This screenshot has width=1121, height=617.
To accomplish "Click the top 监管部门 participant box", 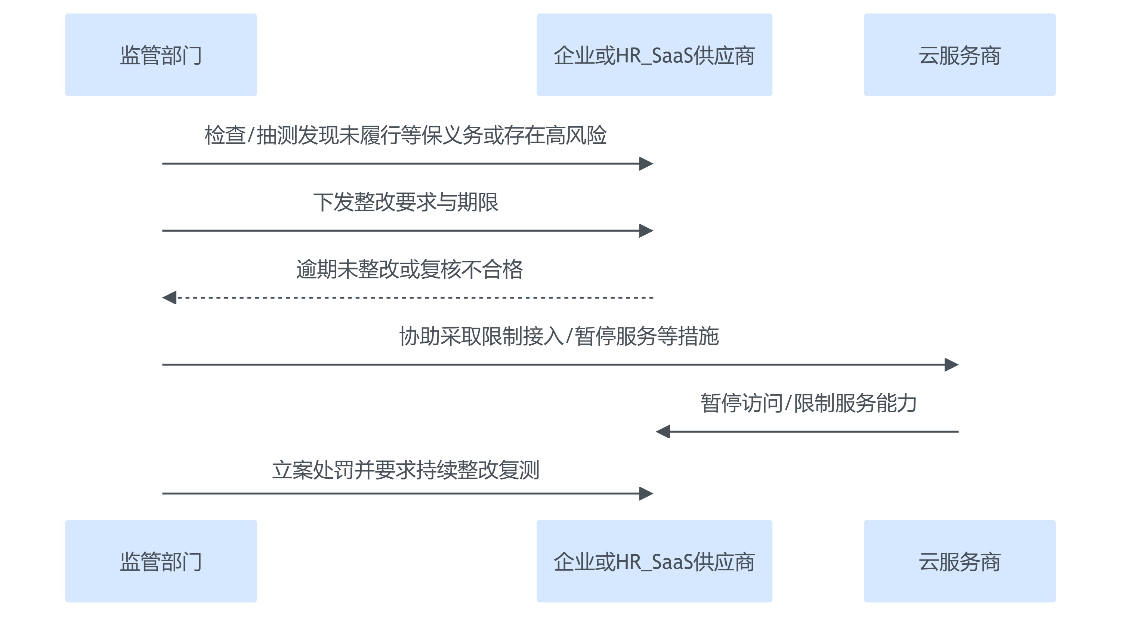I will point(161,55).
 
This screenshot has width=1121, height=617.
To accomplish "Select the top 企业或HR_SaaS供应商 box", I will point(654,55).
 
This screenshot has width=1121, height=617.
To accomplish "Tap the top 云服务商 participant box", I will point(959,55).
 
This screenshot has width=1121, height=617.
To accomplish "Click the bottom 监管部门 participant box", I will point(161,561).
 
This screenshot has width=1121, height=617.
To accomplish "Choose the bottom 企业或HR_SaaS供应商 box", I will point(654,561).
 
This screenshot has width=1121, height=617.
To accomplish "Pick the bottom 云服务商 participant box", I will point(959,561).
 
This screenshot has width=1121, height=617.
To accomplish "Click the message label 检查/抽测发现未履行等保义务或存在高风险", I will point(405,135).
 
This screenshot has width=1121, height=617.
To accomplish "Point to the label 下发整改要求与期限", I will point(405,202).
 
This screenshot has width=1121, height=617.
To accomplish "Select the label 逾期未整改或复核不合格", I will point(409,269).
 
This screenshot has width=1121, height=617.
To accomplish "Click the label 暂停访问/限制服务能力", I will point(808,403).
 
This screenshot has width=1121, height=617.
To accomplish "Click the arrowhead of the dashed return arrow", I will point(169,297).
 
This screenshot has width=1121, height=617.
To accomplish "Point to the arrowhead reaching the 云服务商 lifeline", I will point(951,365).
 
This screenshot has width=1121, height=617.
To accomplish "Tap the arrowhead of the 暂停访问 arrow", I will point(663,432).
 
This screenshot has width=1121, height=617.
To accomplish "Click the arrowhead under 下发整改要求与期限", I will point(646,231).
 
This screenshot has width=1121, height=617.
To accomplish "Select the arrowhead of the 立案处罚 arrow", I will point(646,493).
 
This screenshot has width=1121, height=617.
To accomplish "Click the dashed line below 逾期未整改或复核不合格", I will point(413,297).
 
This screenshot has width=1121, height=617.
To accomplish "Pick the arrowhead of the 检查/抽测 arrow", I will point(646,164).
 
